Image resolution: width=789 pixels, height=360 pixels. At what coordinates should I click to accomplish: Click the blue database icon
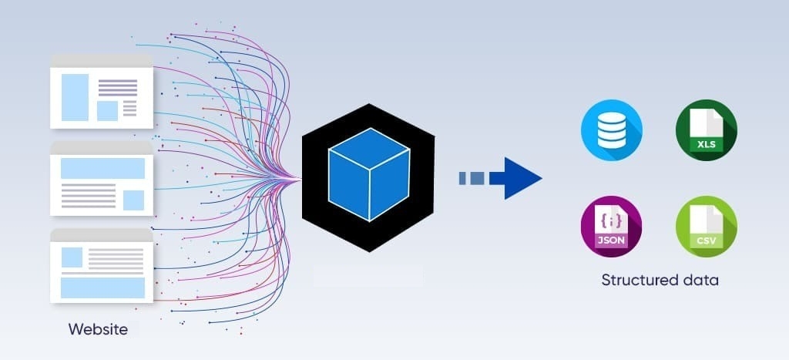612,130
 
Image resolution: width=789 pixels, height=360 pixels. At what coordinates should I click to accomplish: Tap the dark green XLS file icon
706,130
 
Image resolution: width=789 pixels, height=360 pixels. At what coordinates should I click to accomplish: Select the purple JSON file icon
612,227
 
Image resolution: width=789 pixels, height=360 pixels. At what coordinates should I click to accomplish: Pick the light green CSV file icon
706,227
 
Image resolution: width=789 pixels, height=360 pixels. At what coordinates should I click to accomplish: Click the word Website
98,330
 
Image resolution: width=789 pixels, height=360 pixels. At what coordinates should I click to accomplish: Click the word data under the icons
700,280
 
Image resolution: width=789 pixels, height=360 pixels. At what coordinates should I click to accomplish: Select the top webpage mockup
101,91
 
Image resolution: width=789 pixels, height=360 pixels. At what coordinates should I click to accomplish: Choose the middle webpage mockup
101,178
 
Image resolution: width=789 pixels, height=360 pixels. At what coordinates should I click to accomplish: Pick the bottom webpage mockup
101,266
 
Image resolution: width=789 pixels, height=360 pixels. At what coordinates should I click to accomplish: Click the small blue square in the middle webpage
133,200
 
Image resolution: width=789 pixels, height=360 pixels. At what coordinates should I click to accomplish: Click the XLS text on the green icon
706,144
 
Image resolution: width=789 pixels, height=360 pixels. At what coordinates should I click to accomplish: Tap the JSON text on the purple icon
611,241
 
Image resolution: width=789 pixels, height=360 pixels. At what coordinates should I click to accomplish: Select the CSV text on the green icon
706,240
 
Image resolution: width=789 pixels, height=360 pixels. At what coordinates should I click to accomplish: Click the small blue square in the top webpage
106,110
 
